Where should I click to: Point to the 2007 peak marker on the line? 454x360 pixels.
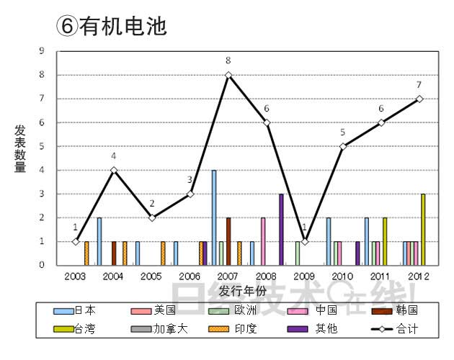[228, 75]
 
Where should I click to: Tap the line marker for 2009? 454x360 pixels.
[305, 241]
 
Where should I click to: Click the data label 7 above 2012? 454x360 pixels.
[419, 85]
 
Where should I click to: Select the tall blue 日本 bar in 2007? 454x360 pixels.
[214, 217]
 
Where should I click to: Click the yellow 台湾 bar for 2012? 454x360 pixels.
[423, 229]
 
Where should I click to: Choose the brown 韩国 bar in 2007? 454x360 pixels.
[228, 241]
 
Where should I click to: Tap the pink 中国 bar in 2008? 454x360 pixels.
[262, 241]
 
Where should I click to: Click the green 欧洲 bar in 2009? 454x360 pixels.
[298, 253]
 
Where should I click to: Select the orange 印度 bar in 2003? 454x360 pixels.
[86, 253]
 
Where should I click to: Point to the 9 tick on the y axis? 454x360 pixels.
[42, 51]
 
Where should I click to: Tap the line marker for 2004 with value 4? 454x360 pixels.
[114, 171]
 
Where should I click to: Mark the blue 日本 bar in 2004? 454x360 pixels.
[99, 241]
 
